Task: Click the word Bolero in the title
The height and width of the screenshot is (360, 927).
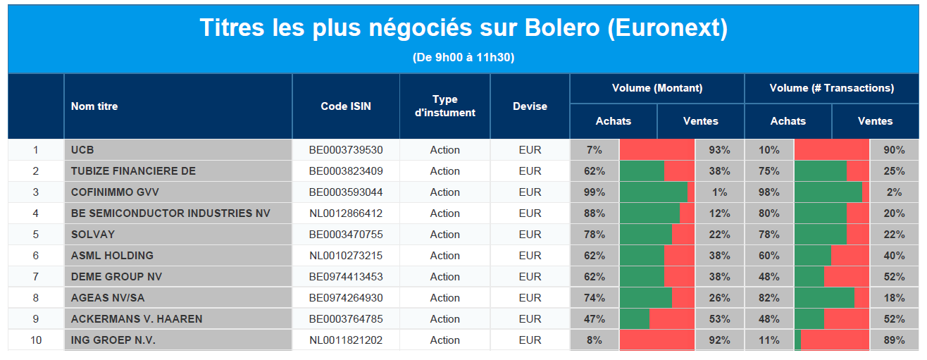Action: (562, 28)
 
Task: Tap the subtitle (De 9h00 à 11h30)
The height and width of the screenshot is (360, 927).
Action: (463, 57)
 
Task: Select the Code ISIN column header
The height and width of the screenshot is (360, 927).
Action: (346, 106)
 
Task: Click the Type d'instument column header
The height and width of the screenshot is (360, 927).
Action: (445, 106)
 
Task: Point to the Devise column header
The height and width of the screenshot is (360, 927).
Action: (530, 106)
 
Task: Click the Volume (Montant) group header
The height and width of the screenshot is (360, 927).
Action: (657, 88)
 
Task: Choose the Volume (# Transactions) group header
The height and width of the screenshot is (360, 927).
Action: (832, 88)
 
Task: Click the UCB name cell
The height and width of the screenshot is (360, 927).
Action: (82, 150)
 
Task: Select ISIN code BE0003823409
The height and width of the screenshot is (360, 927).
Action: (346, 171)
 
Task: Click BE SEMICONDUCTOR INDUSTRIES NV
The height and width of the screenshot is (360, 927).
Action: (170, 213)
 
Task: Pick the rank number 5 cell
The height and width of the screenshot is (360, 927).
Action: (36, 234)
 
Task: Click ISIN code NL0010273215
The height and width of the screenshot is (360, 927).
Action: (346, 255)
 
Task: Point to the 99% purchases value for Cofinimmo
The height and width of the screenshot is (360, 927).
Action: (595, 192)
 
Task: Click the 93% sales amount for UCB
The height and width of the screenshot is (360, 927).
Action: (719, 150)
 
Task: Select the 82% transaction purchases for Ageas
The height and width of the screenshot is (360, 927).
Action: (769, 297)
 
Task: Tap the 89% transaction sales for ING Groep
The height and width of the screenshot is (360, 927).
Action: (894, 340)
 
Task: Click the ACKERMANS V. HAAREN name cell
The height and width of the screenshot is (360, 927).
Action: (137, 318)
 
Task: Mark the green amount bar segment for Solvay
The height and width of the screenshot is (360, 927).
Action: (646, 234)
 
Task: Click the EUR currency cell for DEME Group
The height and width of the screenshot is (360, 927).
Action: (530, 276)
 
